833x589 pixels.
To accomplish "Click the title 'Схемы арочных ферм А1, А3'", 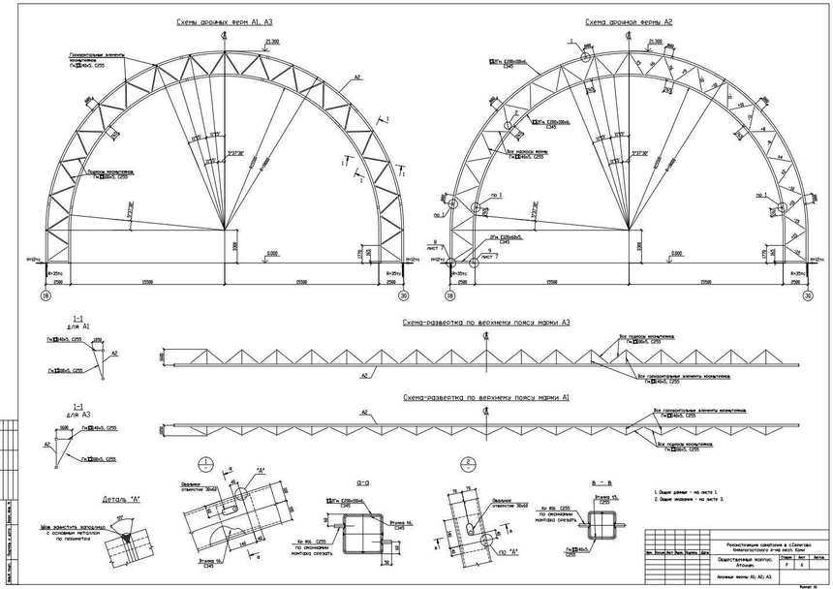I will (218, 21).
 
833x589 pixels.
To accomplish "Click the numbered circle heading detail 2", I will (468, 462).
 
